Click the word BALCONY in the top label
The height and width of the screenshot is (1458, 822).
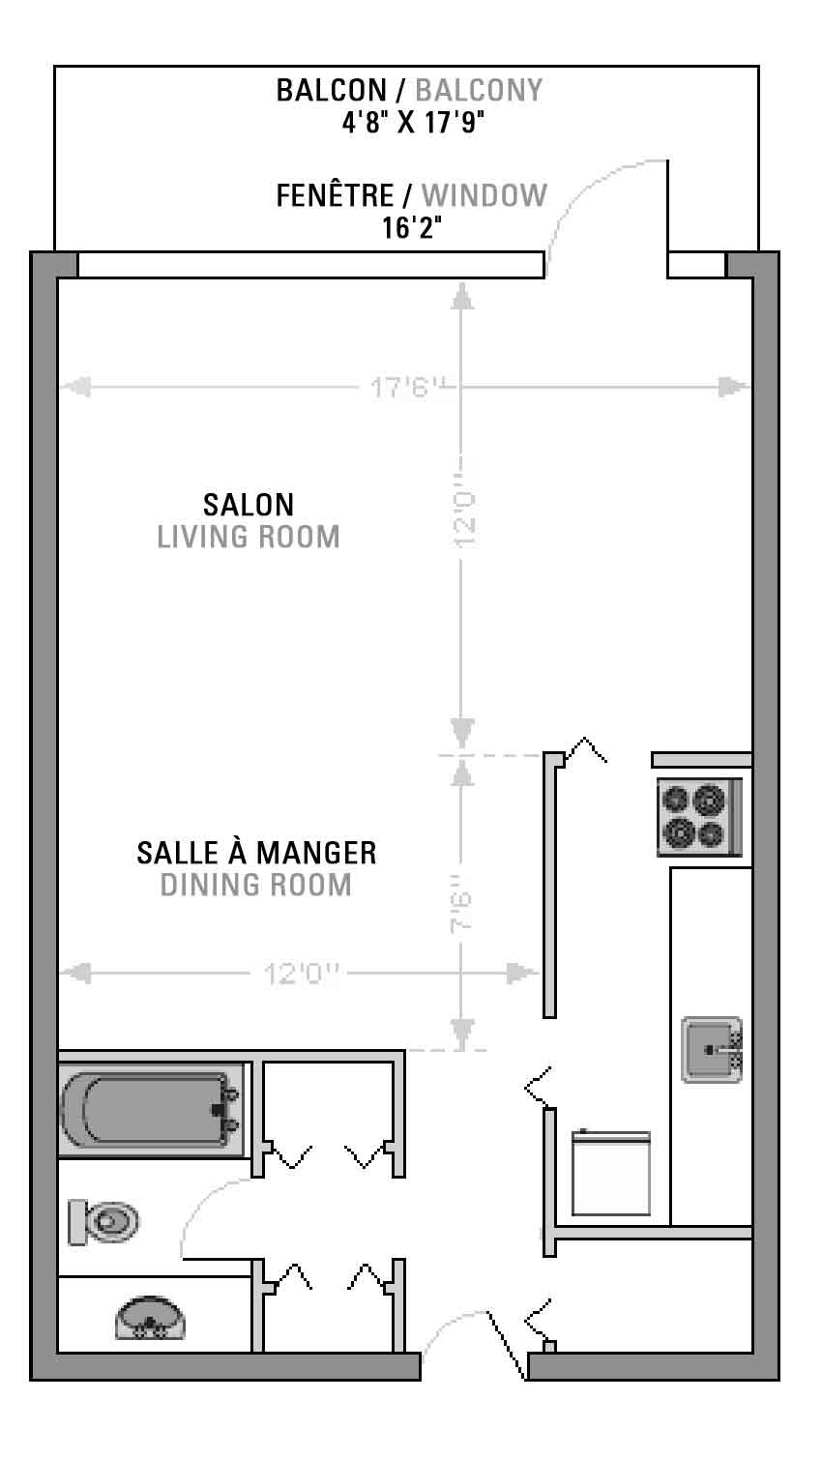click(479, 90)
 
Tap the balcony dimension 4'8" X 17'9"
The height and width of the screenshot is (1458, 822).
click(413, 122)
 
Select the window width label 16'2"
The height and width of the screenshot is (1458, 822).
click(411, 228)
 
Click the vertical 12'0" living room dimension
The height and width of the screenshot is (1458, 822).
click(464, 510)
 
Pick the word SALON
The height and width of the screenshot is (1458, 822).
click(248, 505)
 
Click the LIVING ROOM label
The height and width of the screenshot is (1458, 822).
click(248, 537)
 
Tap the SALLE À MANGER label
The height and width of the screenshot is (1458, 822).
click(256, 853)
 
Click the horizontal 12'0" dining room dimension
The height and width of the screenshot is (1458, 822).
click(302, 974)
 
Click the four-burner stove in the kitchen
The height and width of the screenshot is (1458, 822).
click(699, 817)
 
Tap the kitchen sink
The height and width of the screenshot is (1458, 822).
click(712, 1050)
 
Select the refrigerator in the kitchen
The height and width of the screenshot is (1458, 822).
click(611, 1173)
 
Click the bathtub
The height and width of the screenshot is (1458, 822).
click(151, 1110)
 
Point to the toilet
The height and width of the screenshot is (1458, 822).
click(103, 1222)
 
